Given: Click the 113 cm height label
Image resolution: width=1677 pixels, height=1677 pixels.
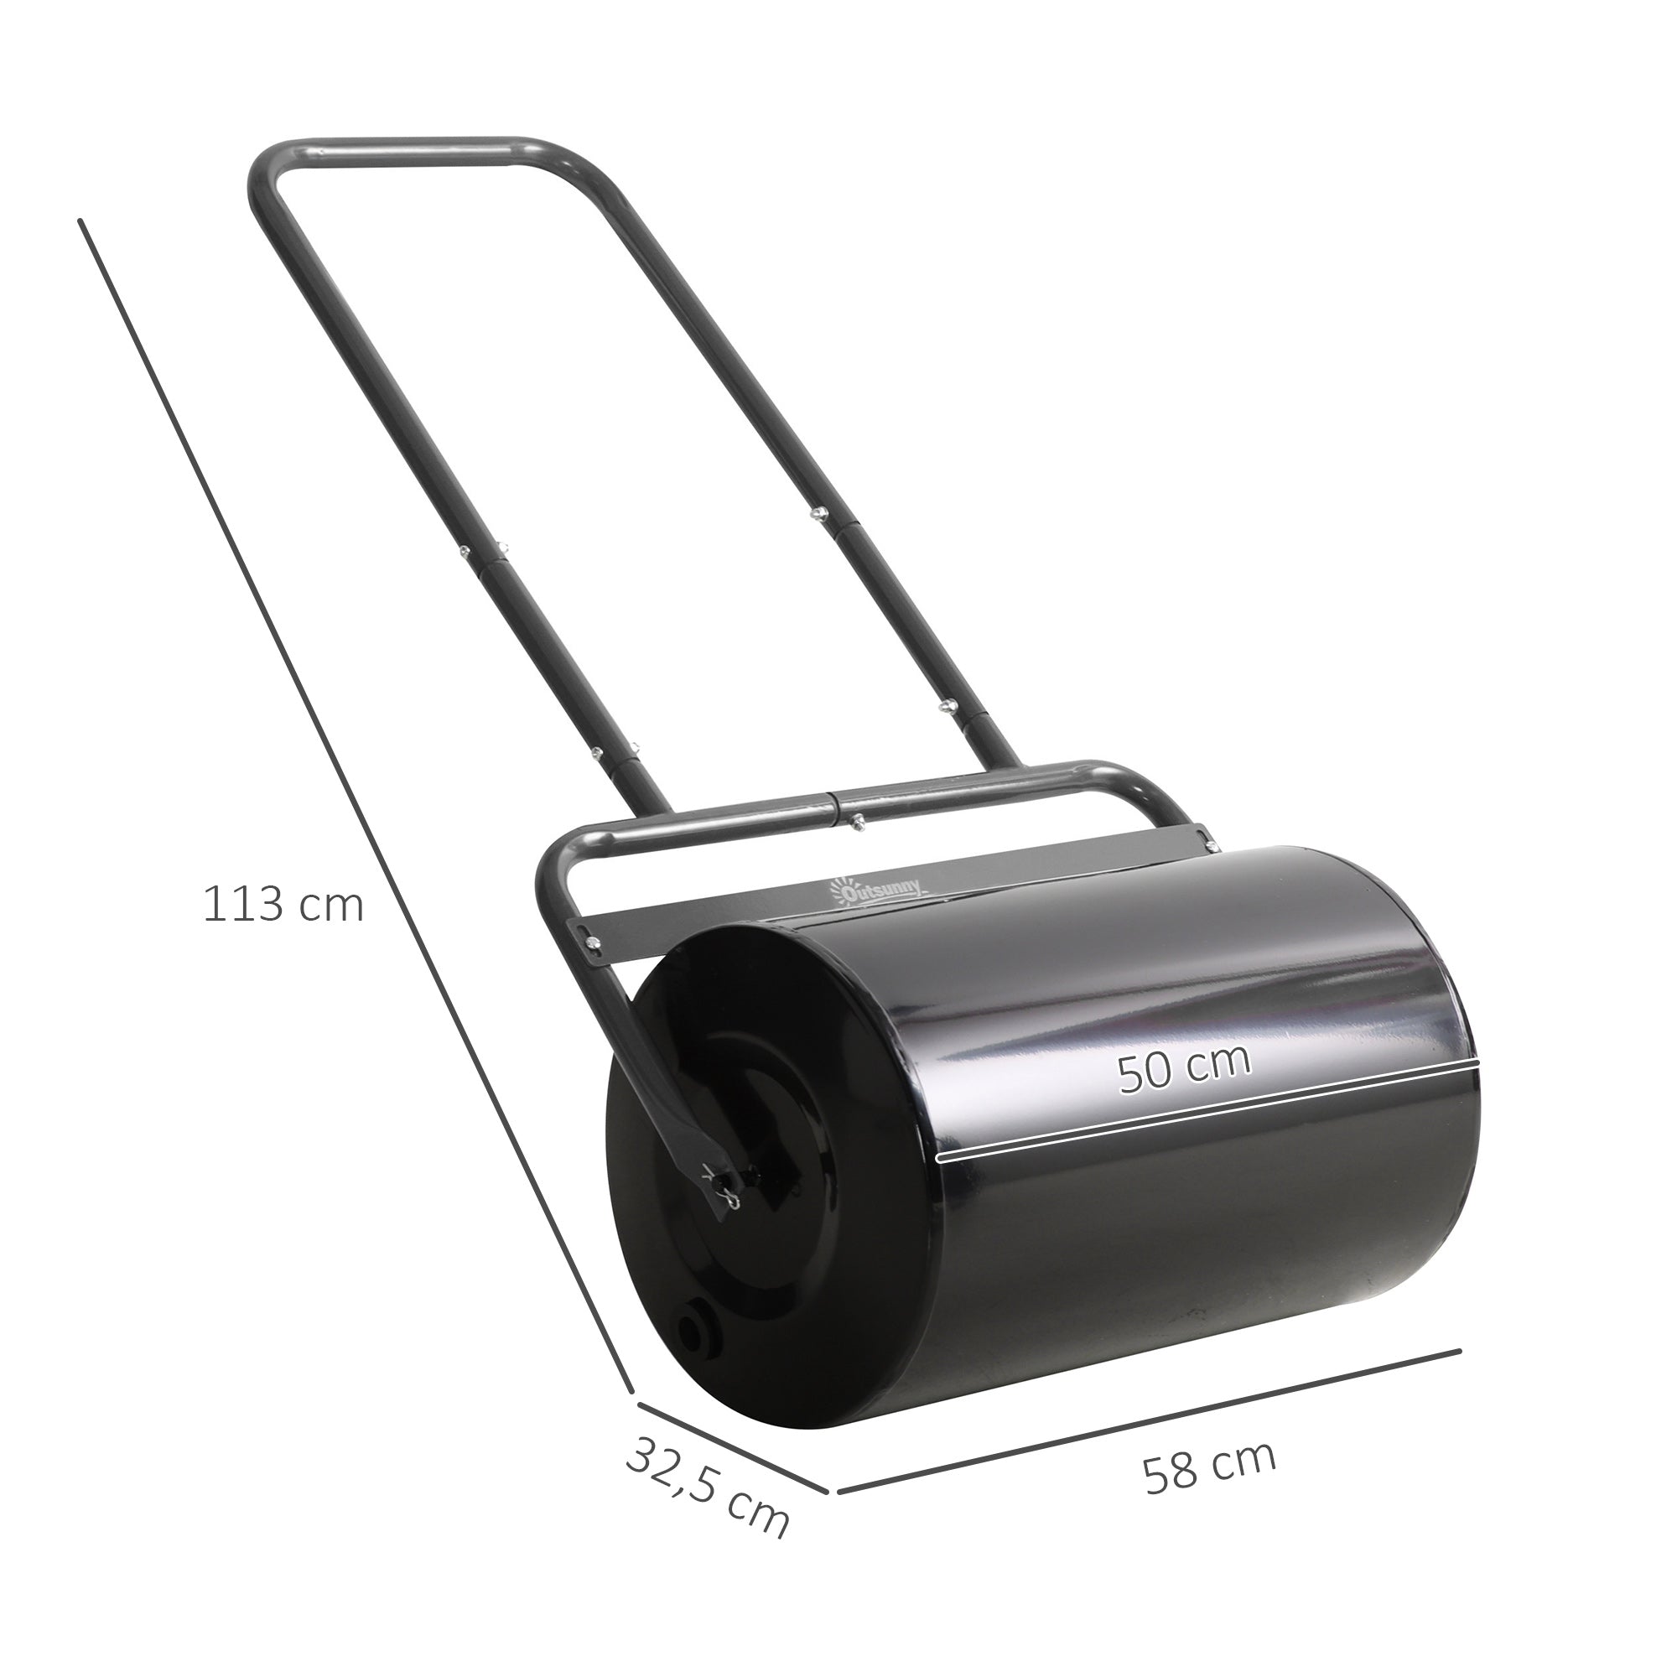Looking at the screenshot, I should [283, 905].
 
